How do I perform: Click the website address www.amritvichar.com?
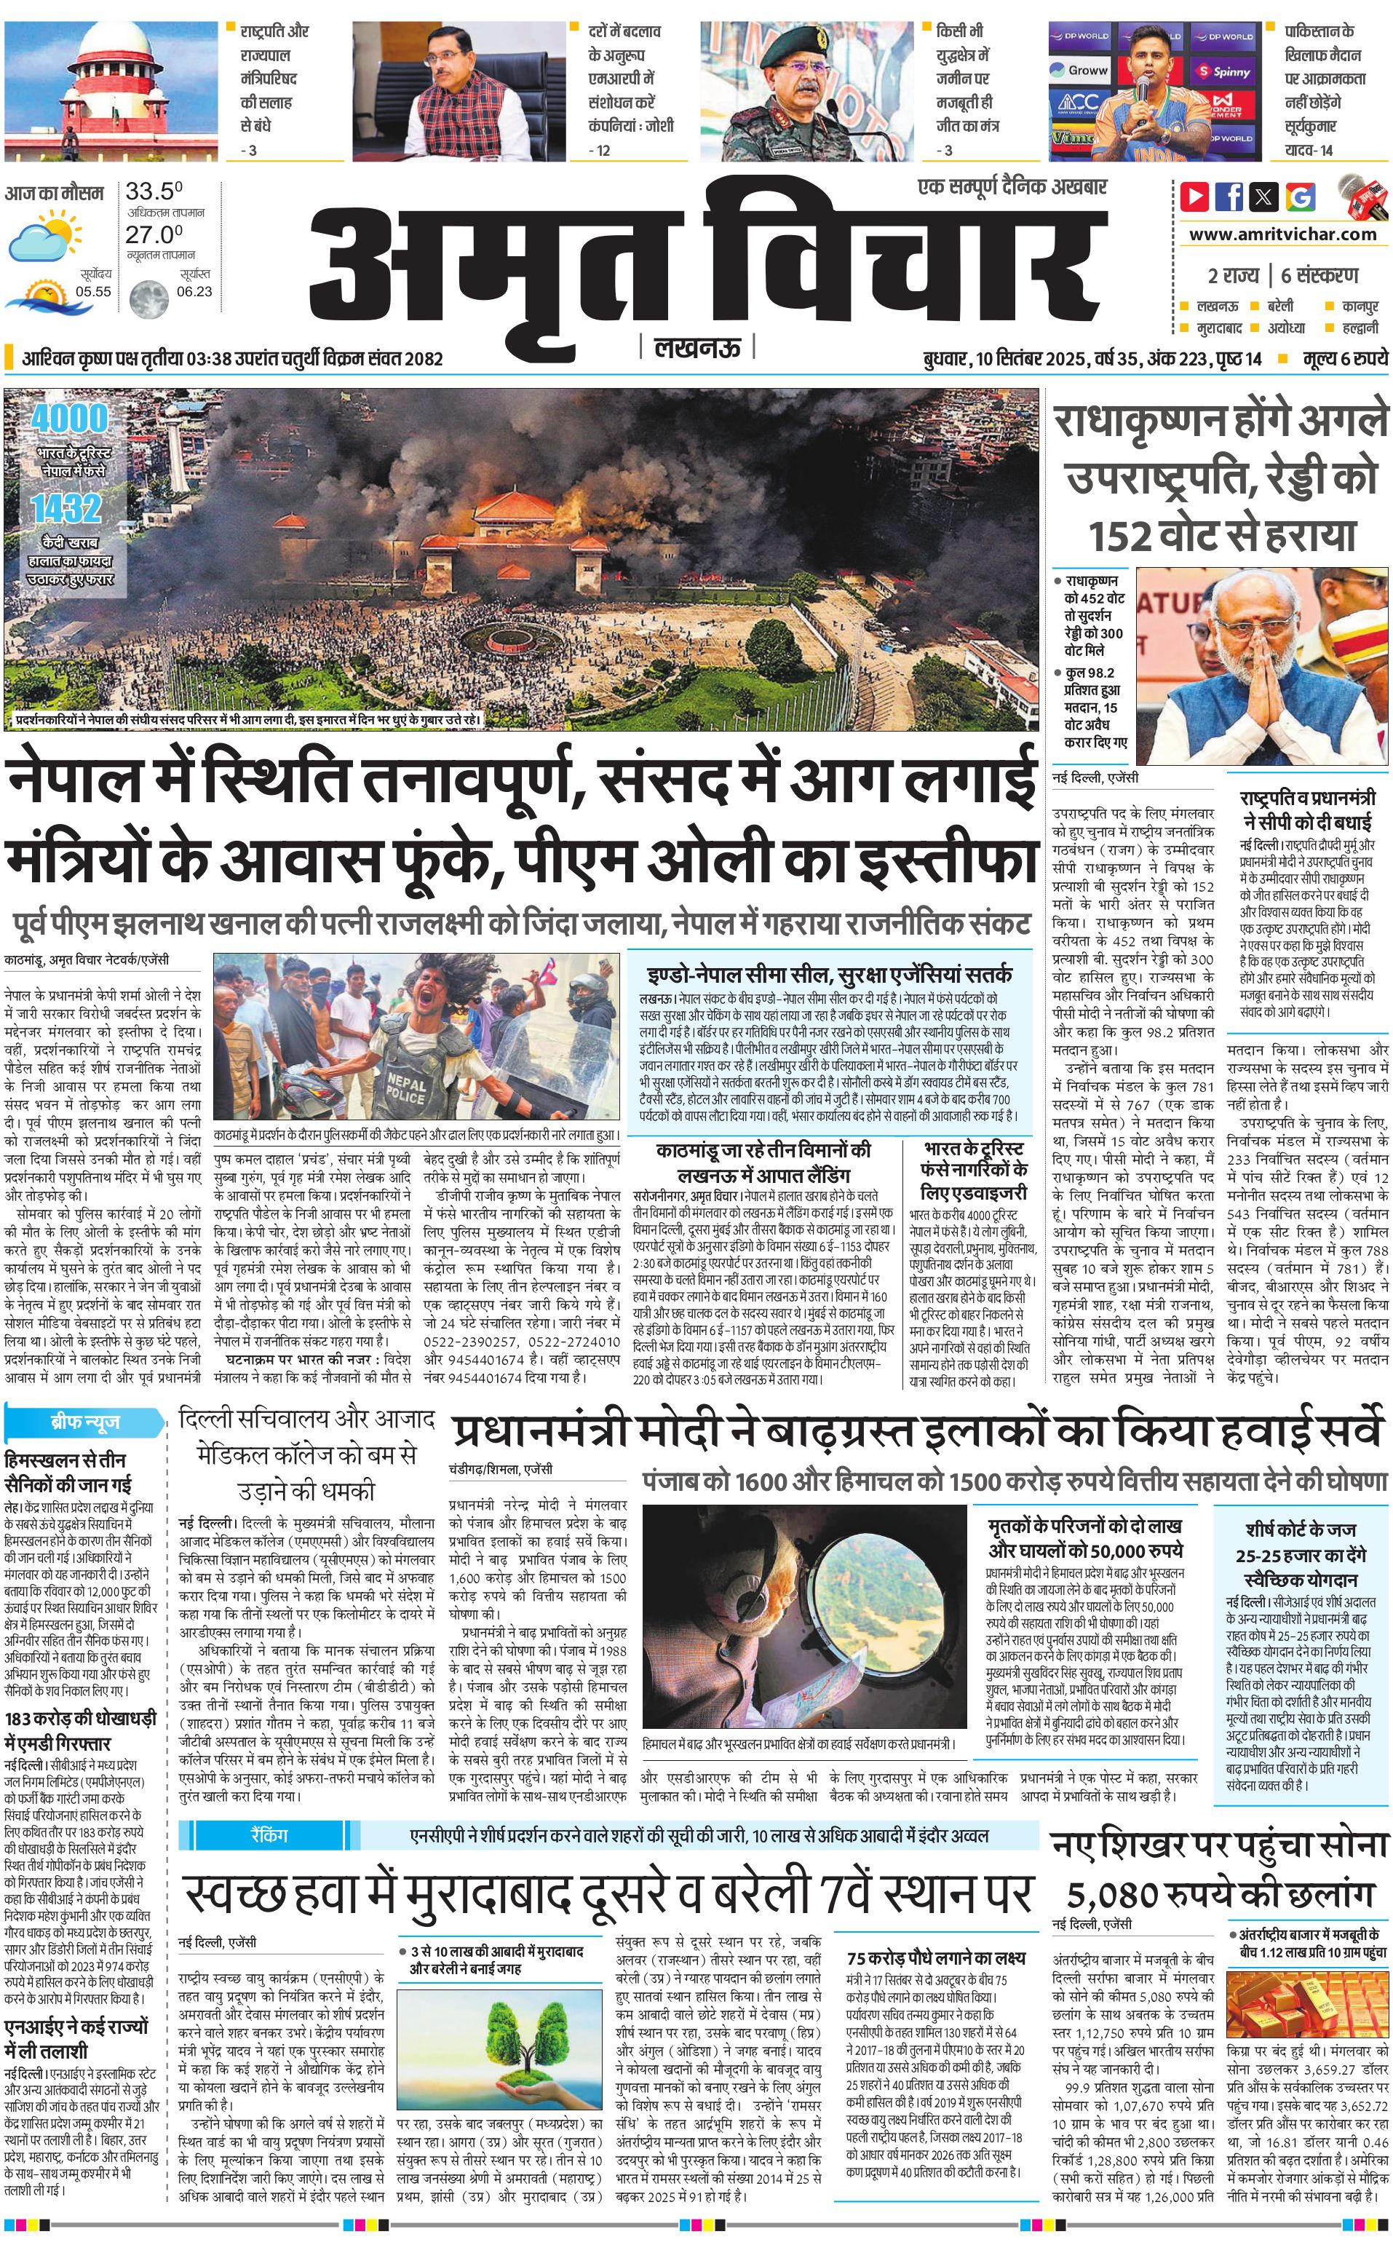click(1282, 234)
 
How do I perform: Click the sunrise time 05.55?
click(93, 291)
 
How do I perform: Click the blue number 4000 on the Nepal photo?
click(69, 419)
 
